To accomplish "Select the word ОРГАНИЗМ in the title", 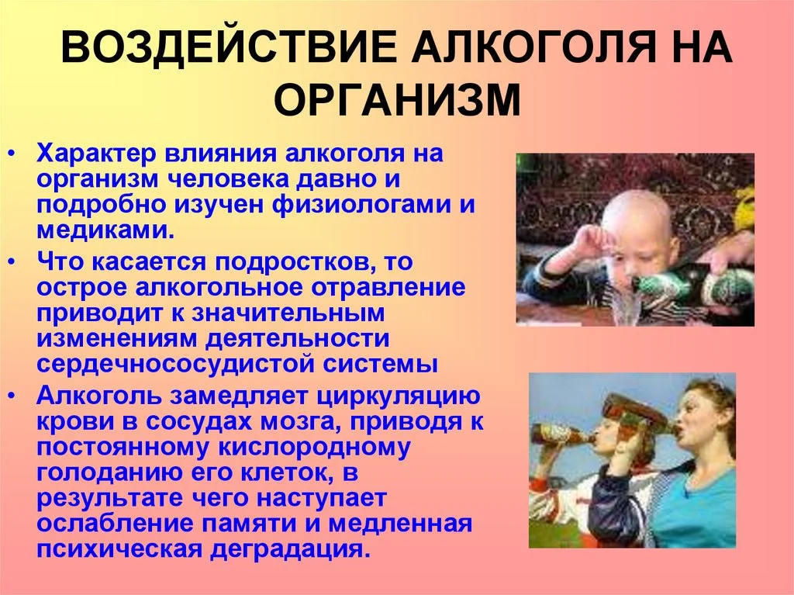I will tap(396, 101).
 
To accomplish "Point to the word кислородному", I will tap(335, 448).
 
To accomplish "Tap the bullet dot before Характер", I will tap(19, 154).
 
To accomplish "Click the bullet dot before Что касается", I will tap(19, 263).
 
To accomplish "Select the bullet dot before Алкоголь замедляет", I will tap(19, 395).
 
